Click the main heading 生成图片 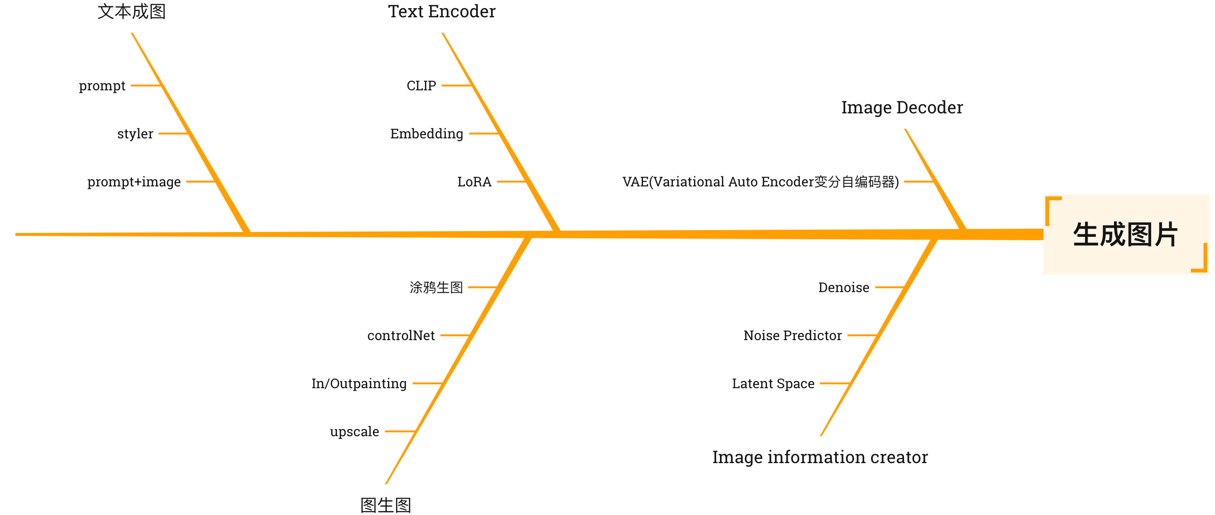pyautogui.click(x=1125, y=234)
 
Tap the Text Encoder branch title pyautogui.click(x=442, y=12)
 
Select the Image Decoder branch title pyautogui.click(x=902, y=108)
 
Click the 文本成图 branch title pyautogui.click(x=132, y=12)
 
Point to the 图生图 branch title pyautogui.click(x=386, y=505)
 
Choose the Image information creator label pyautogui.click(x=820, y=457)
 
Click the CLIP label pyautogui.click(x=422, y=86)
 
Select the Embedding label pyautogui.click(x=427, y=134)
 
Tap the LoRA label pyautogui.click(x=474, y=182)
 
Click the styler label pyautogui.click(x=135, y=134)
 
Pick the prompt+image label pyautogui.click(x=134, y=182)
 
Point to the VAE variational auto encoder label pyautogui.click(x=760, y=182)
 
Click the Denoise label pyautogui.click(x=844, y=288)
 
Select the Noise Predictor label pyautogui.click(x=793, y=336)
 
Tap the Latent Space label pyautogui.click(x=773, y=384)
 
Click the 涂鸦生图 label pyautogui.click(x=436, y=288)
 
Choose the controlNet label pyautogui.click(x=401, y=336)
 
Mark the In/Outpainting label pyautogui.click(x=359, y=384)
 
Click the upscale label pyautogui.click(x=355, y=432)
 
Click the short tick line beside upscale pyautogui.click(x=400, y=431)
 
